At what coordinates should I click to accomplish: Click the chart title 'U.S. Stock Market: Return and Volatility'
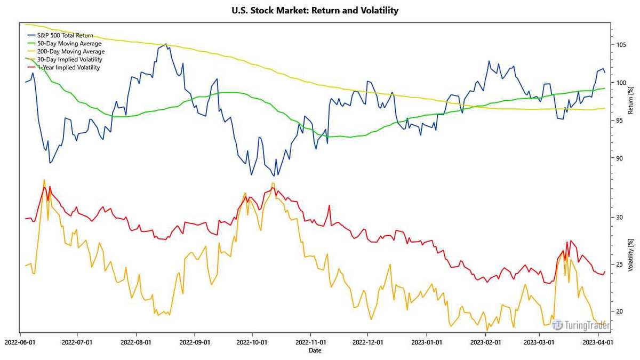tap(315, 10)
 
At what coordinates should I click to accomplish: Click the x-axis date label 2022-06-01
tap(20, 342)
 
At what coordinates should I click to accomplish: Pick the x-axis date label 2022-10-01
tap(252, 342)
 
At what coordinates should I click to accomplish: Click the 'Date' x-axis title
tap(315, 350)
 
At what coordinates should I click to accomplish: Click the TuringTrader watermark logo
tap(580, 325)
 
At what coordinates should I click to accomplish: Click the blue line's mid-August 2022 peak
tap(166, 44)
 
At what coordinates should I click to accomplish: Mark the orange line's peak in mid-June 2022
tap(44, 180)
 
